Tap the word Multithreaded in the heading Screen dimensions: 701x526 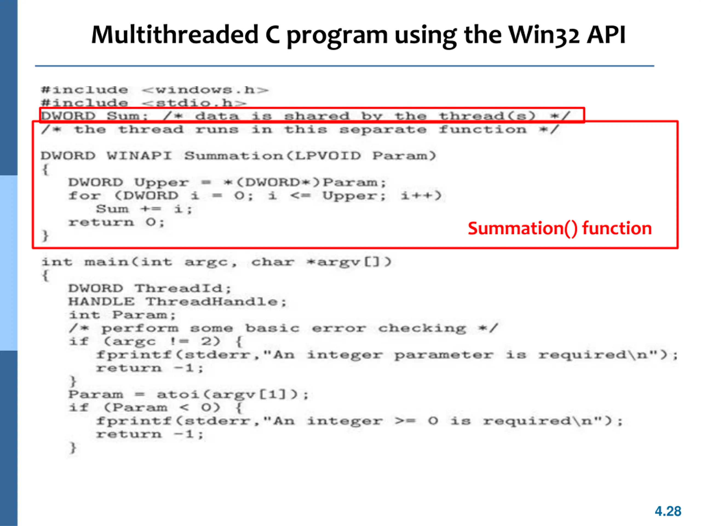[x=175, y=35]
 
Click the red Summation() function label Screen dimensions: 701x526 [x=559, y=228]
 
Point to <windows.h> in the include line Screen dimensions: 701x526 [x=205, y=90]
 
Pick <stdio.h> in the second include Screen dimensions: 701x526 [x=194, y=103]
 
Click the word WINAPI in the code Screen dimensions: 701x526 [x=139, y=156]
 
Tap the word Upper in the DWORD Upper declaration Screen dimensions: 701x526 [x=161, y=183]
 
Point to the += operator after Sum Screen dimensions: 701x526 [x=151, y=209]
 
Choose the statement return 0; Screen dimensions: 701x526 [x=116, y=222]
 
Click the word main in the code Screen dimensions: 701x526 [x=107, y=262]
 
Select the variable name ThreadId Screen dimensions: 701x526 [x=179, y=288]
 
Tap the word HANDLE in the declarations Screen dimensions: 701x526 [x=101, y=302]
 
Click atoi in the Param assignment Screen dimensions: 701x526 [x=178, y=395]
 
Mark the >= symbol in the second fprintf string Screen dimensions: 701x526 [x=405, y=421]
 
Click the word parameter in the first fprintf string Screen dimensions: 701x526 [x=443, y=355]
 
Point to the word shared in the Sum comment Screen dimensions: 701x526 [x=317, y=116]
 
